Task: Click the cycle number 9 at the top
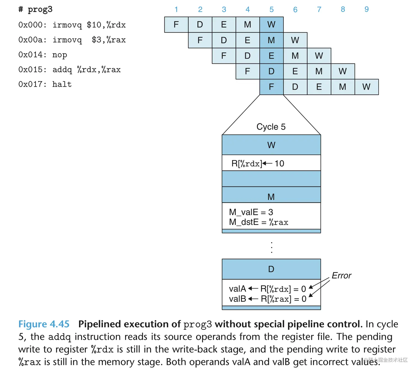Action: (367, 9)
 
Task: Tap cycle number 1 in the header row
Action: (176, 9)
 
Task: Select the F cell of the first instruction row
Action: (176, 25)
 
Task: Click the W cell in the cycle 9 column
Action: (367, 87)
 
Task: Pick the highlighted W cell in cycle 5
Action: (271, 25)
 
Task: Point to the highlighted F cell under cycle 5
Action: (271, 87)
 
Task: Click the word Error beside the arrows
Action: (341, 275)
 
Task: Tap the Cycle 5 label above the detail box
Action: (271, 127)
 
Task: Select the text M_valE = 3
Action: (251, 212)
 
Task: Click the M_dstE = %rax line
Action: (258, 222)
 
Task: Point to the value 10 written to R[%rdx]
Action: (279, 164)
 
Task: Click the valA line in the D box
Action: (267, 289)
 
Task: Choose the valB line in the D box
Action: (267, 299)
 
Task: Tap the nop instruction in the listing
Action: (60, 55)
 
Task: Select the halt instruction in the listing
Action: (62, 84)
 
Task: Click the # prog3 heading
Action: (35, 9)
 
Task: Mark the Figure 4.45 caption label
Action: (44, 324)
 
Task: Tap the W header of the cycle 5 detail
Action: (271, 145)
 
